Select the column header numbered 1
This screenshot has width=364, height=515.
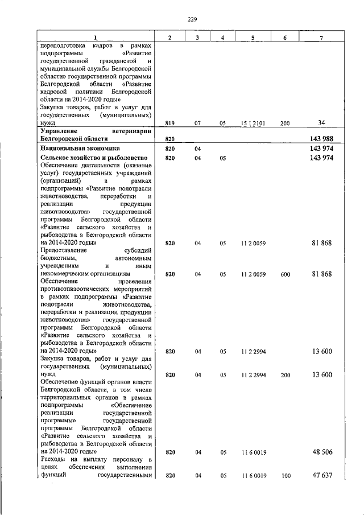point(96,38)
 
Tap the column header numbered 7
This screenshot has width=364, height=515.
point(321,38)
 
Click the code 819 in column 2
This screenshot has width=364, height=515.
point(169,122)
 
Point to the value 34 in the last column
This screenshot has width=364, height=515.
point(321,122)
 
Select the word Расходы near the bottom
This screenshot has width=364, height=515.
point(56,459)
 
